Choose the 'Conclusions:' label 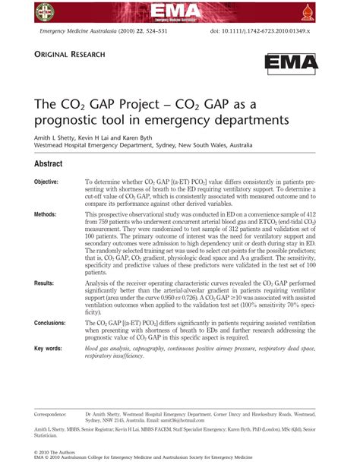click(50, 323)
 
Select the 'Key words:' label click(48, 348)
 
